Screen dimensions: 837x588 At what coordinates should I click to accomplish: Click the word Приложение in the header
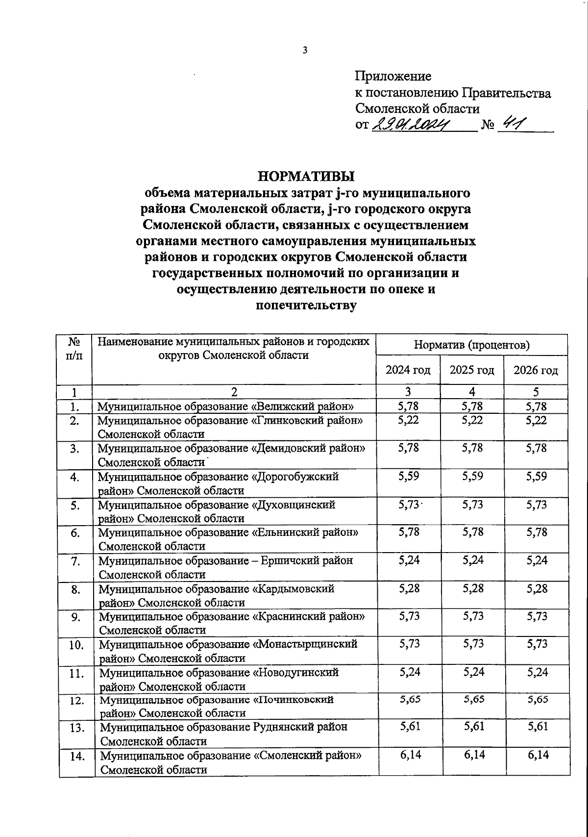pyautogui.click(x=393, y=76)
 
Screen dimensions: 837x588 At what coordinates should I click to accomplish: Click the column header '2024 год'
pyautogui.click(x=408, y=370)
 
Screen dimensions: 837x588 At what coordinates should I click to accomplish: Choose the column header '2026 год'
pyautogui.click(x=536, y=370)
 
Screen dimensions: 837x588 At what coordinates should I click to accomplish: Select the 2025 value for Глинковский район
pyautogui.click(x=472, y=420)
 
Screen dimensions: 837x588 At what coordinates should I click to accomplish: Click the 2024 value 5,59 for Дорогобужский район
pyautogui.click(x=409, y=476)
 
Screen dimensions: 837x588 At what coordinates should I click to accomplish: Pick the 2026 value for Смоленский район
pyautogui.click(x=537, y=755)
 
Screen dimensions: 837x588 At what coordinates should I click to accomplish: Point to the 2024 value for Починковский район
pyautogui.click(x=409, y=700)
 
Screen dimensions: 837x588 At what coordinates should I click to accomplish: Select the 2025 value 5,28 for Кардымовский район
pyautogui.click(x=472, y=588)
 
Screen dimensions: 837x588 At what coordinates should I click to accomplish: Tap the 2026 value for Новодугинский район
pyautogui.click(x=537, y=672)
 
